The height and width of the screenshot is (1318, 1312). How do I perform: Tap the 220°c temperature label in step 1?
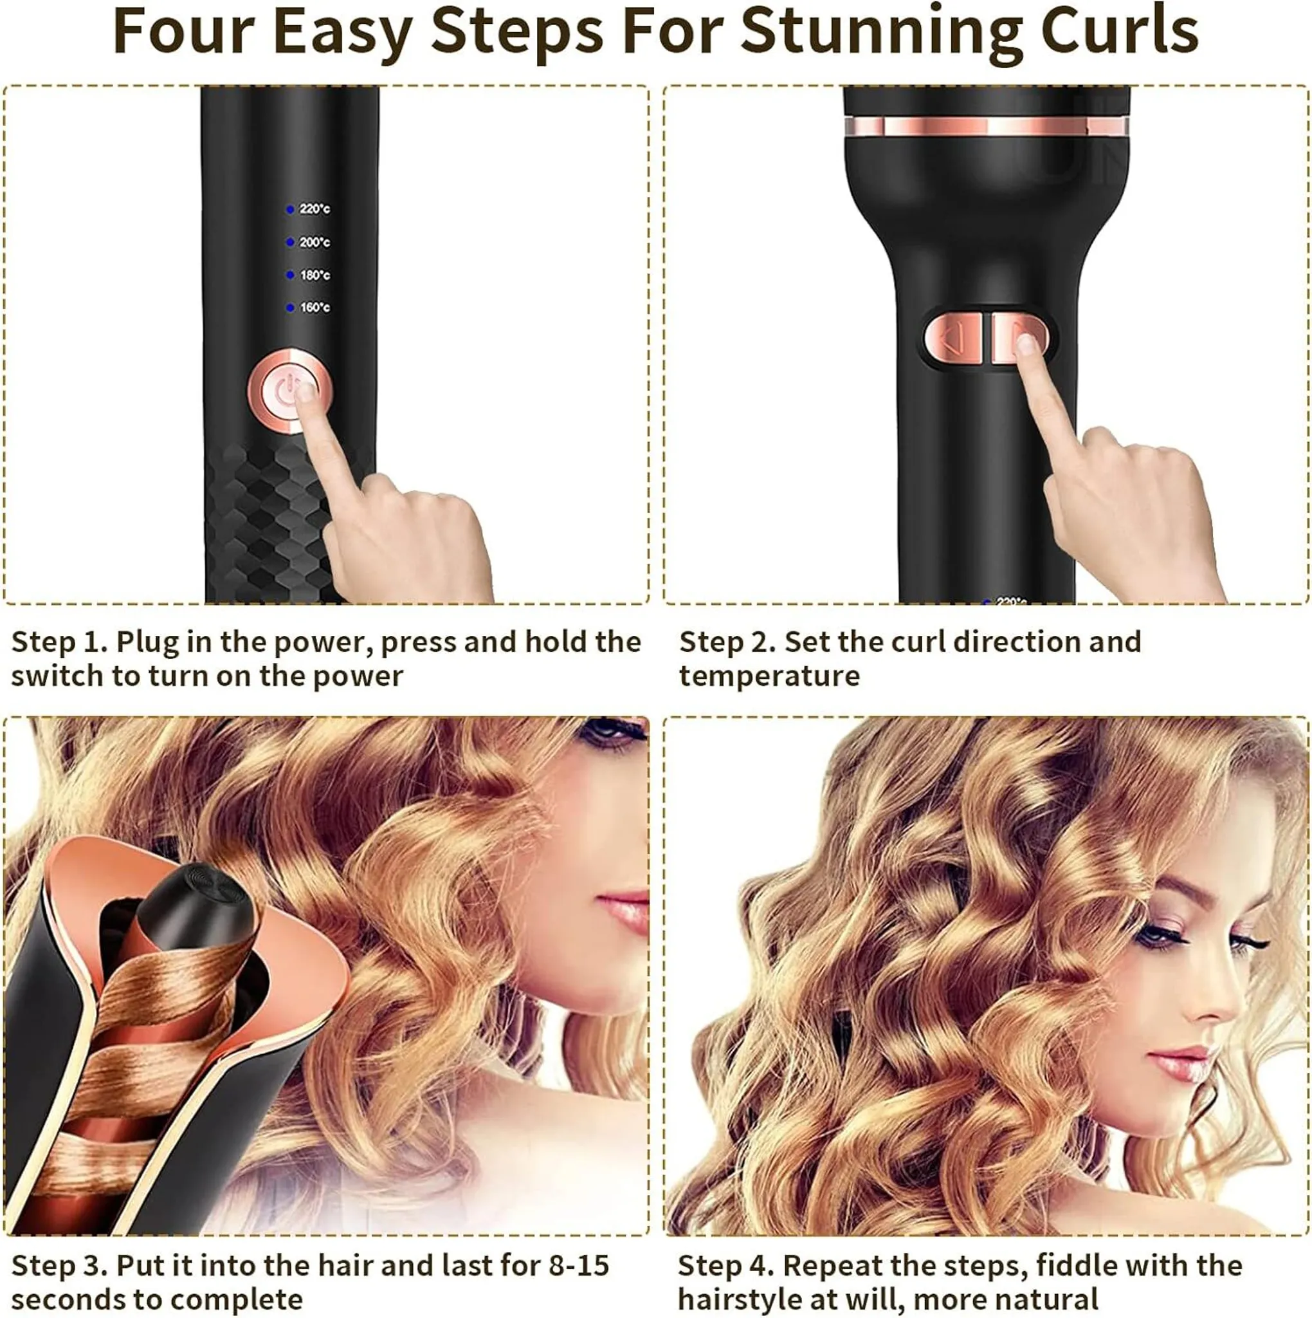[314, 209]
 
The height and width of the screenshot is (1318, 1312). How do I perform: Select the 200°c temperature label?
[314, 242]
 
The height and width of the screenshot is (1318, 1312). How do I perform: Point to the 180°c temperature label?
[314, 275]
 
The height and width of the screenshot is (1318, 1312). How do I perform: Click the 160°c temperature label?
[314, 308]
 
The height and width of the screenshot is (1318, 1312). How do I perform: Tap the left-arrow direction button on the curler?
[952, 338]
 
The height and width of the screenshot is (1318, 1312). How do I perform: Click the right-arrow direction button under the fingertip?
[1018, 338]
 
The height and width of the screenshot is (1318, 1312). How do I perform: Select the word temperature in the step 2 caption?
[769, 676]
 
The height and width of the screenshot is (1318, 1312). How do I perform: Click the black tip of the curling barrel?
[194, 905]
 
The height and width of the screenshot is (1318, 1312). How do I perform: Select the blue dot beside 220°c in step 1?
[290, 209]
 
